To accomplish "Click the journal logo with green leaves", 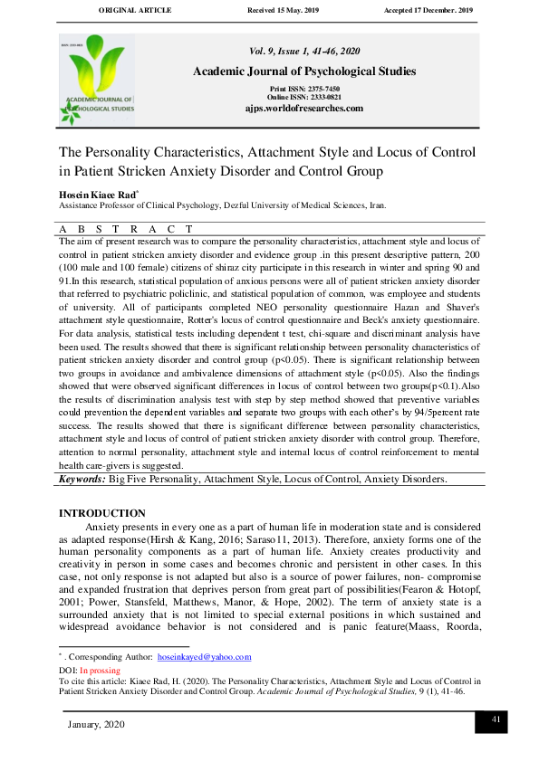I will tap(97, 81).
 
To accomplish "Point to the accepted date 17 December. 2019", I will tap(430, 10).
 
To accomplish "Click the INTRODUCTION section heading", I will tap(101, 513).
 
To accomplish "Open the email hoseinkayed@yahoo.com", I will tap(204, 657).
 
